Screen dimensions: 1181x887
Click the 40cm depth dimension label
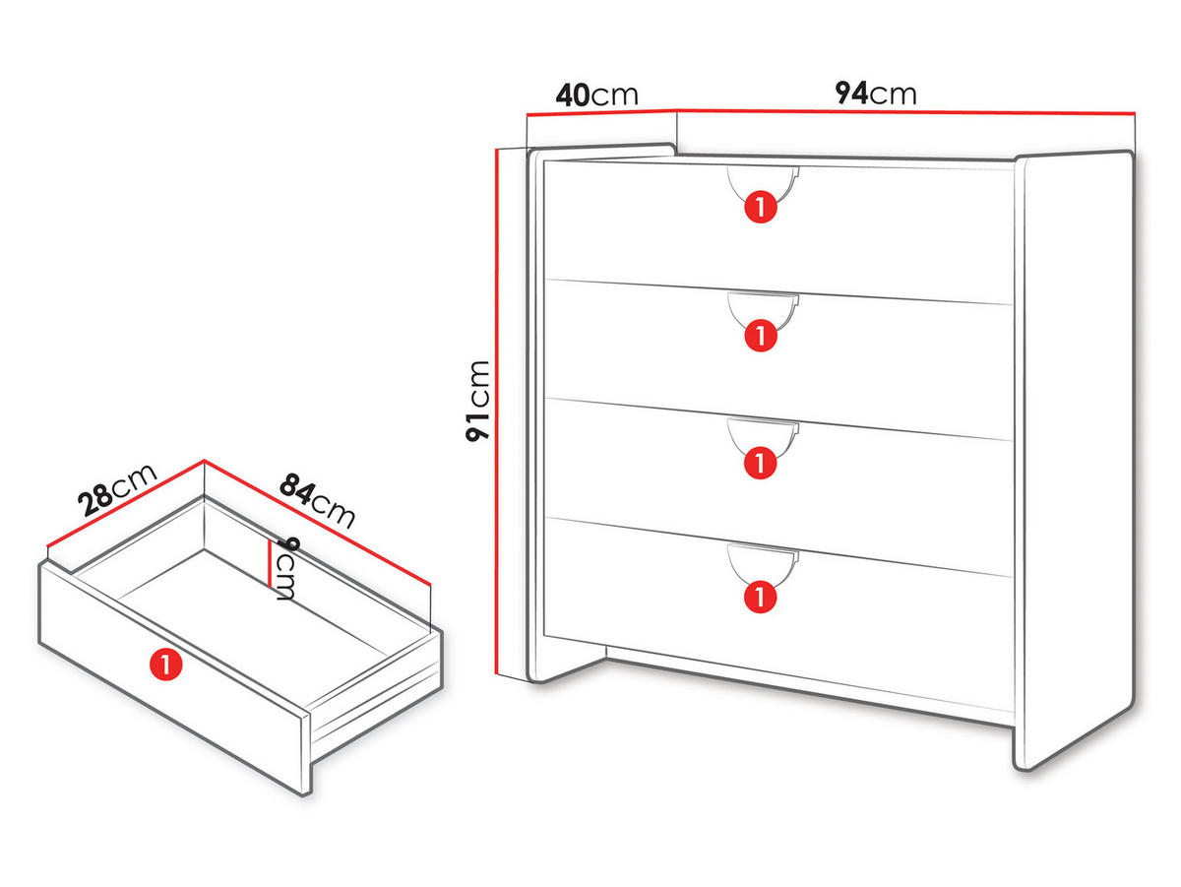click(596, 95)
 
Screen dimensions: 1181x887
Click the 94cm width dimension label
click(875, 94)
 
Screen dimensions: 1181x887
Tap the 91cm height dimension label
click(477, 401)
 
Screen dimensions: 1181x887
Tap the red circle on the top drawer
click(760, 207)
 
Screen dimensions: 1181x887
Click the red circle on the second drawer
click(760, 336)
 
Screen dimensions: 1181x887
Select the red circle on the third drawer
click(760, 463)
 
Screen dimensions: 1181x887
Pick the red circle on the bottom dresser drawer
click(760, 597)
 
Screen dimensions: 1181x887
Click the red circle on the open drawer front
click(165, 665)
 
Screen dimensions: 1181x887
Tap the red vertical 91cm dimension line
click(495, 412)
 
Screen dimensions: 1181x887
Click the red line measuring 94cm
click(905, 112)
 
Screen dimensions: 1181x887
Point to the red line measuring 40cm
click(601, 112)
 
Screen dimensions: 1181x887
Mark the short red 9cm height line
click(269, 563)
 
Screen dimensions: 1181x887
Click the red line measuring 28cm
click(126, 503)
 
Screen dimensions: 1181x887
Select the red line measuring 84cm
click(318, 522)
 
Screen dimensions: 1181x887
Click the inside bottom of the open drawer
click(253, 613)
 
